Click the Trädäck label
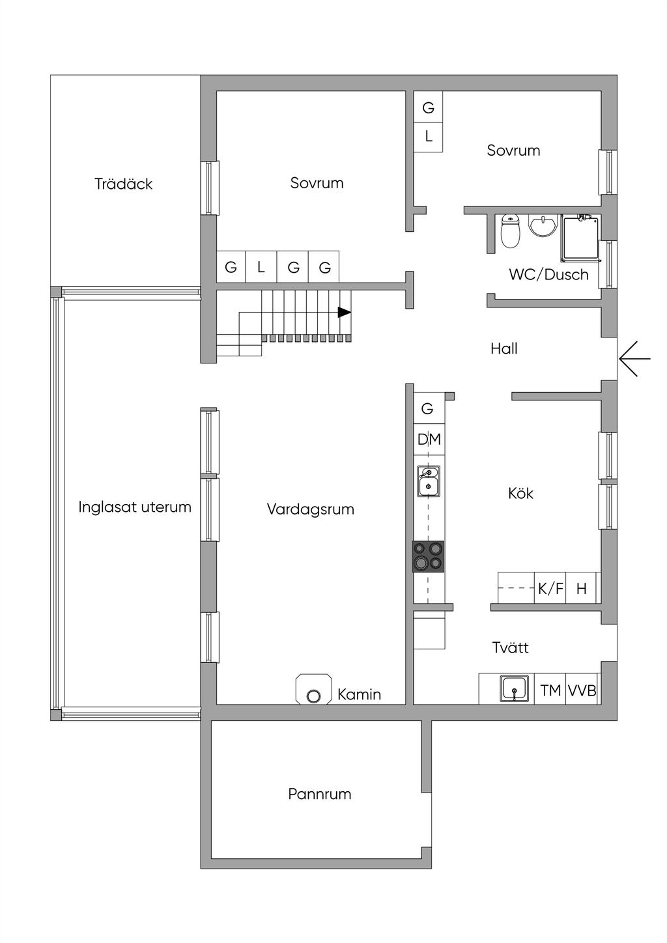(123, 184)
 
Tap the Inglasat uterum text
(135, 507)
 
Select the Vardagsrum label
(310, 509)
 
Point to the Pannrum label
(320, 794)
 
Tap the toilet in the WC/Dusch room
(511, 231)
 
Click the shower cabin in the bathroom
(580, 237)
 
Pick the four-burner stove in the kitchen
(428, 557)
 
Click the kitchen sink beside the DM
(429, 481)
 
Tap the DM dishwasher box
(429, 440)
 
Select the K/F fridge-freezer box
(550, 588)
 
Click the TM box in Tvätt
(550, 689)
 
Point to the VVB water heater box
(582, 689)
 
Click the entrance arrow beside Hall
(634, 359)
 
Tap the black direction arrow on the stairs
(345, 313)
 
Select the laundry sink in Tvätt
(514, 689)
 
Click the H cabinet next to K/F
(581, 588)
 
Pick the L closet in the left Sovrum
(261, 267)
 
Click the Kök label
(520, 494)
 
